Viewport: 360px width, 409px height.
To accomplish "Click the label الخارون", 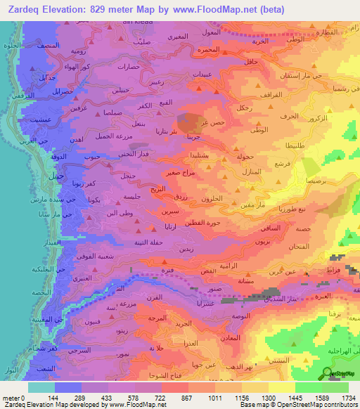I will pyautogui.click(x=211, y=200).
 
